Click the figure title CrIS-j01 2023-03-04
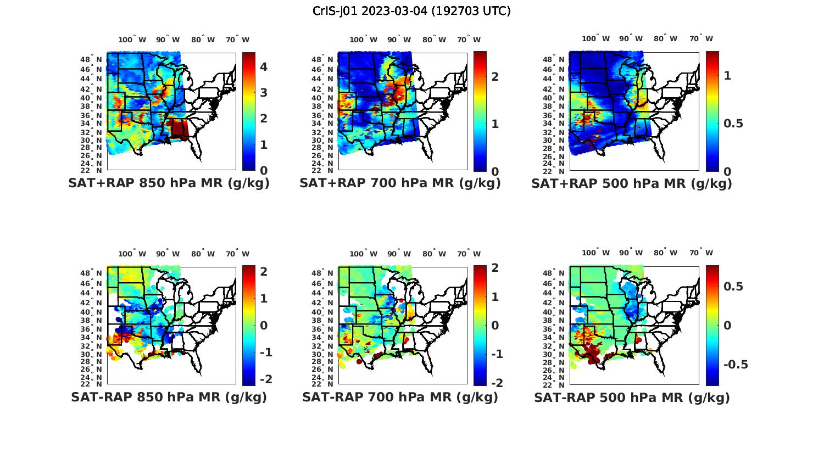point(411,11)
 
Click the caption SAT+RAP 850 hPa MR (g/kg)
point(169,183)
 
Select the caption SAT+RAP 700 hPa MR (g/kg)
point(400,183)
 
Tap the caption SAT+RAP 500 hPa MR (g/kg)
point(632,183)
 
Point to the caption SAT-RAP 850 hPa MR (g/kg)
point(169,397)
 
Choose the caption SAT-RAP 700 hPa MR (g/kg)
point(400,397)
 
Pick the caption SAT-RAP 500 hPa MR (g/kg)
point(632,397)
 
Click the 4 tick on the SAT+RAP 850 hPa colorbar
point(264,67)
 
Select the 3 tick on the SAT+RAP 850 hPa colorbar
point(264,93)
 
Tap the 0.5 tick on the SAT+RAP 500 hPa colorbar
point(733,124)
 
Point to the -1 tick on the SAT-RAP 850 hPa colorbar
point(265,352)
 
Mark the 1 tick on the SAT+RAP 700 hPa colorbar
point(495,124)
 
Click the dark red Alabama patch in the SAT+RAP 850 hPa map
point(180,130)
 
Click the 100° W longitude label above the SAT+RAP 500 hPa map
point(595,39)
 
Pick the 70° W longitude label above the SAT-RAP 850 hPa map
point(237,254)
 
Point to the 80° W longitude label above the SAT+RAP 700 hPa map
point(435,40)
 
